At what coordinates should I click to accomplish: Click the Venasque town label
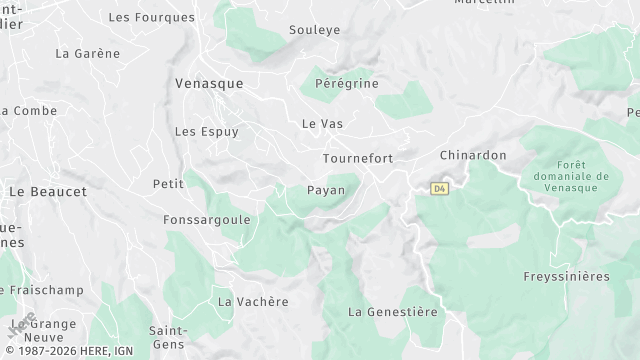[x=208, y=84]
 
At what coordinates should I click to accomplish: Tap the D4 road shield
[x=440, y=188]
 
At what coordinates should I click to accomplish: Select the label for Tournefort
[x=357, y=159]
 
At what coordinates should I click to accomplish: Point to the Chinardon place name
[x=473, y=156]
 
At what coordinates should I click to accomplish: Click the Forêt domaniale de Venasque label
[x=579, y=176]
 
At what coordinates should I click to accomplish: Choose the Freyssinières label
[x=566, y=276]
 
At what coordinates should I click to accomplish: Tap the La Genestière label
[x=393, y=312]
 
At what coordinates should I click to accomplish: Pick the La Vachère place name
[x=253, y=302]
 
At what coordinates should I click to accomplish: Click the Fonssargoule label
[x=206, y=219]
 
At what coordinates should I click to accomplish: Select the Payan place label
[x=326, y=190]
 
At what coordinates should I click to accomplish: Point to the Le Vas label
[x=322, y=124]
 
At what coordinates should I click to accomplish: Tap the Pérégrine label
[x=346, y=84]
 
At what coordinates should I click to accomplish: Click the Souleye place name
[x=314, y=30]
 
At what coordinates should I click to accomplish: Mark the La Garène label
[x=87, y=53]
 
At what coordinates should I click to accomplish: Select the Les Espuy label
[x=206, y=131]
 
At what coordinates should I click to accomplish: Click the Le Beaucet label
[x=47, y=191]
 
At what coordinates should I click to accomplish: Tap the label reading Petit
[x=168, y=184]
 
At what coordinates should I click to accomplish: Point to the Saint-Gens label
[x=168, y=337]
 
